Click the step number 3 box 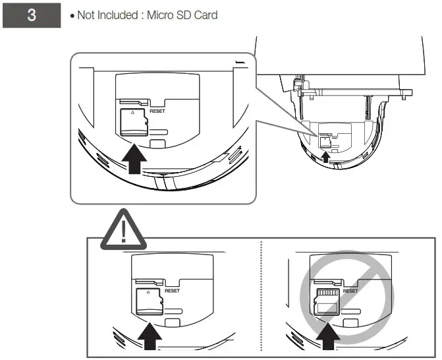tap(31, 15)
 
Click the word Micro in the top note tap(162, 15)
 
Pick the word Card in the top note tap(207, 15)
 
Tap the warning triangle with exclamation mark tap(124, 231)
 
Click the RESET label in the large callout tap(157, 111)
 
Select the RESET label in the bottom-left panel tap(172, 290)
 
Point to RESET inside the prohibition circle tap(349, 290)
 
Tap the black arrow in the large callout tap(134, 160)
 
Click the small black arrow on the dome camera tap(325, 156)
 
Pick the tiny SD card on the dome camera tap(325, 140)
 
